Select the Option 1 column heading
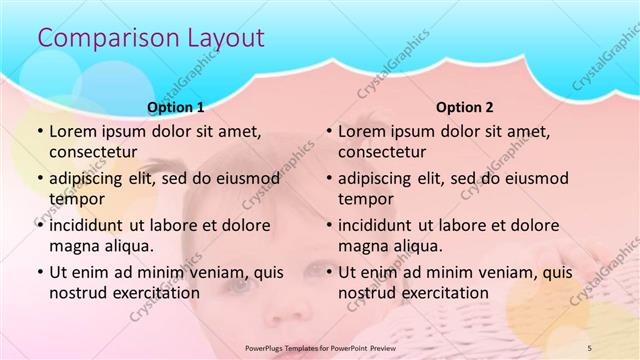tap(176, 107)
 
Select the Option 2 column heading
tap(465, 107)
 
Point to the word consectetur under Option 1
tap(96, 152)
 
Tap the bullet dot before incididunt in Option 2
tap(328, 225)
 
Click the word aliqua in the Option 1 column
tap(127, 245)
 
